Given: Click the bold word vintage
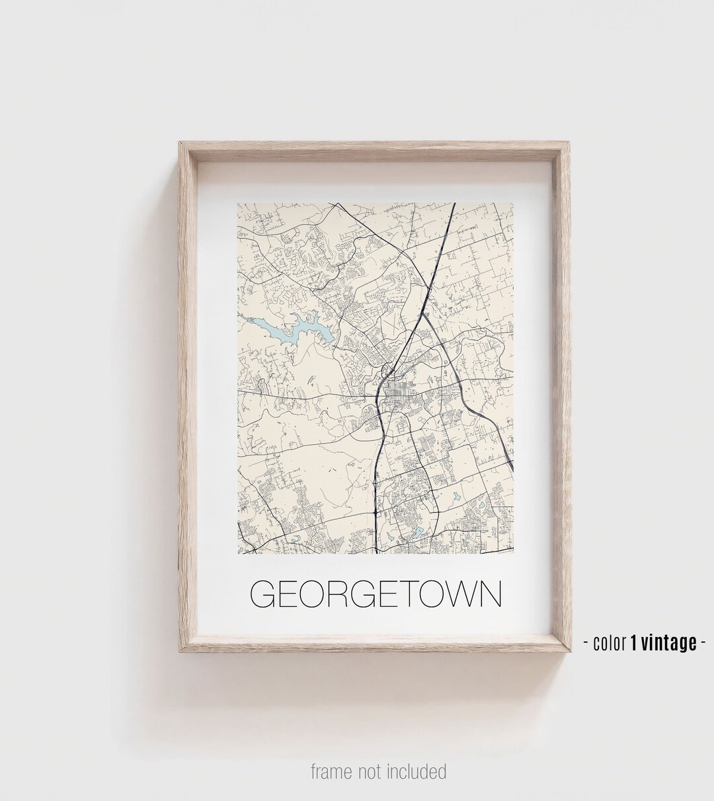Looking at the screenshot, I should pos(667,643).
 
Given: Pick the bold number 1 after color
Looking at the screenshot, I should pos(633,643).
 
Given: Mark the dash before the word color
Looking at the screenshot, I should pos(587,643).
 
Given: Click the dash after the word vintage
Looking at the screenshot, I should pos(701,643).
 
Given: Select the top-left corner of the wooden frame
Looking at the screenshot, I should pos(177,139).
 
